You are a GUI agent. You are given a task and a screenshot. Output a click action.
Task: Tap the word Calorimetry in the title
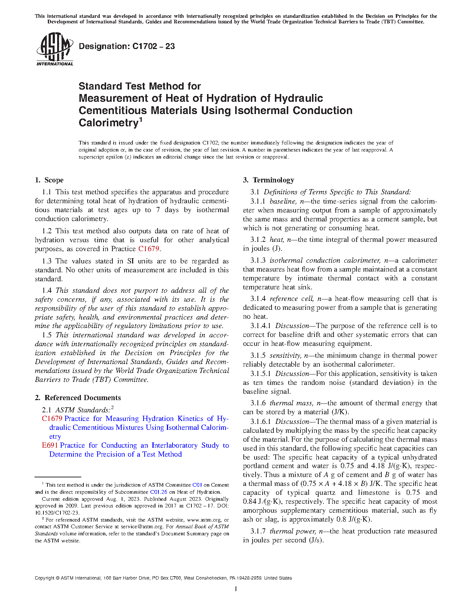click(108, 123)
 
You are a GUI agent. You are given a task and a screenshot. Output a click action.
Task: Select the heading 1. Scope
click(49, 180)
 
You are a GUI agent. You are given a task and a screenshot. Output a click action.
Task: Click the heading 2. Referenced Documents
click(78, 398)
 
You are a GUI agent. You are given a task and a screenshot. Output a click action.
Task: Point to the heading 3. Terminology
click(269, 180)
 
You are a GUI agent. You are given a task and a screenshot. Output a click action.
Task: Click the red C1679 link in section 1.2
click(148, 249)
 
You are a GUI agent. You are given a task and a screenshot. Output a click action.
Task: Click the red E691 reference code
click(50, 445)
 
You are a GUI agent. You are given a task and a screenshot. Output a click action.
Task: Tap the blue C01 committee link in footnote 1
click(197, 485)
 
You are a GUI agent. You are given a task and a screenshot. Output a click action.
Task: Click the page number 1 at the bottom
click(236, 588)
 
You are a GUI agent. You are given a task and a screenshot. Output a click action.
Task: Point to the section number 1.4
click(47, 291)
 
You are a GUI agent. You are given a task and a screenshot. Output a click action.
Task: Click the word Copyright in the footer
click(44, 578)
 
